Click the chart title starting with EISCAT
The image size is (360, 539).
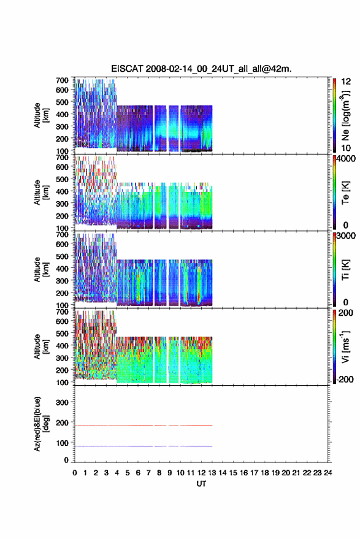tap(201, 69)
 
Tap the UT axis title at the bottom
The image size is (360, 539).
tap(201, 484)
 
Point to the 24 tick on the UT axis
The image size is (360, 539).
tap(327, 473)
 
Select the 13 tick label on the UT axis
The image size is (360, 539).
tap(212, 473)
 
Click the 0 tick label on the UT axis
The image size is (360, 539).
tap(75, 473)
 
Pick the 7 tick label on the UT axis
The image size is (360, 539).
tap(148, 473)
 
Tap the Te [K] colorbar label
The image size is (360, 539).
tap(345, 193)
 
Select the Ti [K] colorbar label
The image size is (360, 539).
tap(345, 270)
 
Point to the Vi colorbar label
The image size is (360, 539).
tap(345, 346)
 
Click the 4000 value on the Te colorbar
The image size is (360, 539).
tap(346, 158)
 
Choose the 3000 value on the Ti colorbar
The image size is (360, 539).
tap(346, 235)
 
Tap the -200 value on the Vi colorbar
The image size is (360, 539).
tap(345, 379)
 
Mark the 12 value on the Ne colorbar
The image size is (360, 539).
tap(346, 82)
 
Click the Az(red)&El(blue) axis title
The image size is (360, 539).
tap(42, 424)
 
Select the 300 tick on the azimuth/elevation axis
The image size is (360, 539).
tap(62, 402)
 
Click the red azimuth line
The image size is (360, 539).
tap(144, 426)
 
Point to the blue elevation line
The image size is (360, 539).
tap(144, 446)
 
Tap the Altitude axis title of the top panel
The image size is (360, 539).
tap(42, 115)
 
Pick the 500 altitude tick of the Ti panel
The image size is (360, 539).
tap(62, 256)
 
